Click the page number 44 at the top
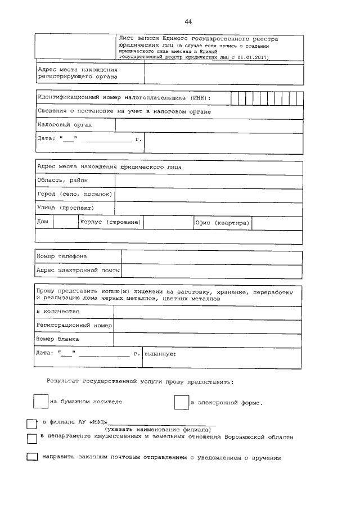[188, 21]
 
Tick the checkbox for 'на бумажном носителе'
[40, 402]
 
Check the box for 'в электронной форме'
[181, 403]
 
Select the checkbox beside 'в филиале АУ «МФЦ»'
[31, 423]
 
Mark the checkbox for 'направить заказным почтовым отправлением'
[32, 458]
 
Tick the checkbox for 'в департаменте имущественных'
[32, 438]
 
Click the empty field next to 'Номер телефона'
[211, 256]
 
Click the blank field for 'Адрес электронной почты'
[211, 271]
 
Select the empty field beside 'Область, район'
[208, 181]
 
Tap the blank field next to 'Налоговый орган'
[208, 124]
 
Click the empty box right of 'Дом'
[65, 223]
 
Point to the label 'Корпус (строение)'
[111, 223]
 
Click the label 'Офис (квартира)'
[222, 223]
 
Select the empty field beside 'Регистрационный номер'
[208, 325]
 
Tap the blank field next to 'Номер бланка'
[208, 339]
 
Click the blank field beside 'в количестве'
[208, 311]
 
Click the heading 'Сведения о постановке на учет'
[124, 111]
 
